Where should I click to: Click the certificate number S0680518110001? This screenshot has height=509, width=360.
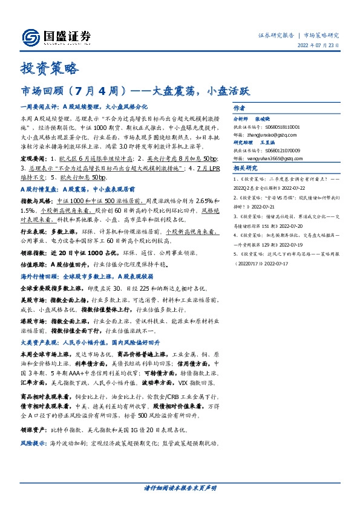pos(283,128)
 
